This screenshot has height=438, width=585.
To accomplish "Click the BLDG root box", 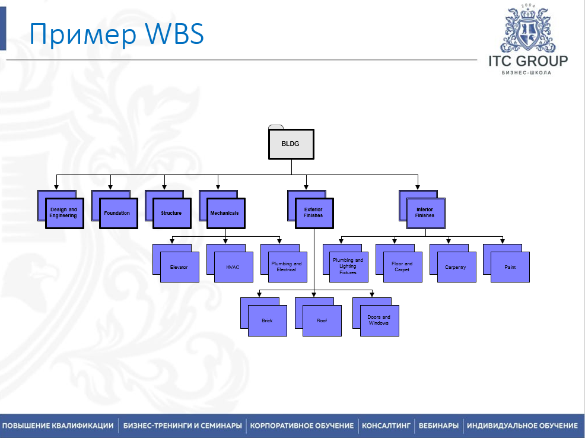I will coord(291,144).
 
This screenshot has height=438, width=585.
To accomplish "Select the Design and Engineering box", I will coord(64,213).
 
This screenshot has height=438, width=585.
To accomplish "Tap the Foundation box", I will coord(118,213).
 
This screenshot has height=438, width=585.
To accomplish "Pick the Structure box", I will coord(172,213).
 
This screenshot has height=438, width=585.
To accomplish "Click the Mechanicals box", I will coord(226,213).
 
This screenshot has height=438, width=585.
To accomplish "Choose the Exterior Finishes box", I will coord(314,213).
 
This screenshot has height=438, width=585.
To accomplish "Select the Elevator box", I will coord(180,267).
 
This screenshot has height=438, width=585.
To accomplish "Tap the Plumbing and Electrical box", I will coord(287,267).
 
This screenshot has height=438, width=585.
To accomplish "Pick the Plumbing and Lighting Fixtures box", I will coord(349,266).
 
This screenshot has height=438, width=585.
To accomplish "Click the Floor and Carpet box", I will coord(403,267).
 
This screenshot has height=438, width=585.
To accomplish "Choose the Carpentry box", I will coord(456,267).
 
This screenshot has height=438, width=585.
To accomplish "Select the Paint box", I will coord(510,267).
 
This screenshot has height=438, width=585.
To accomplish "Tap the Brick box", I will coord(268,320).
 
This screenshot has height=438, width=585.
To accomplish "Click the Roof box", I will coord(322,320).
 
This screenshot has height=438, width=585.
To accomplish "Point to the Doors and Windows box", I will coord(379,320).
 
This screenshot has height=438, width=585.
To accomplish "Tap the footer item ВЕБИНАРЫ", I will coord(438,426).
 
